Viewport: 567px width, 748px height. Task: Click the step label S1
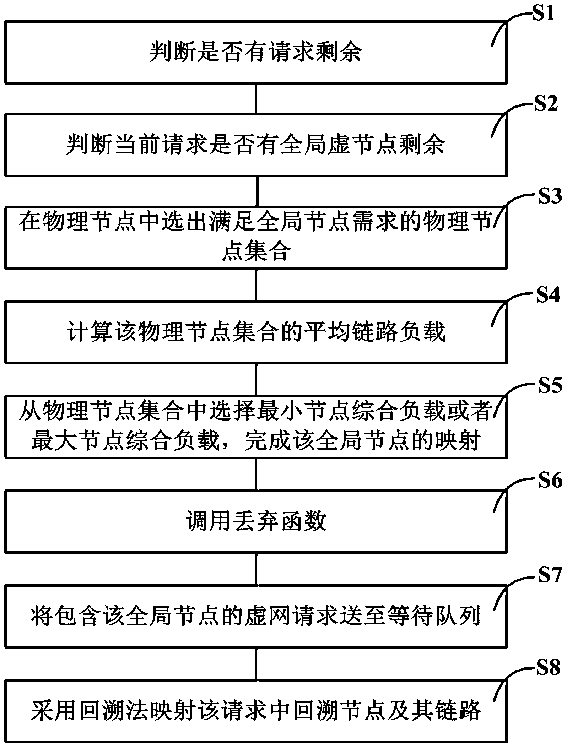tap(542, 14)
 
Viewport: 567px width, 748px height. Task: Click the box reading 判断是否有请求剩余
tap(256, 53)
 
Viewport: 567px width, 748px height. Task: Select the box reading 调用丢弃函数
tap(256, 521)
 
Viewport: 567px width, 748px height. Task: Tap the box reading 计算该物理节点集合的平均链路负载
tap(256, 332)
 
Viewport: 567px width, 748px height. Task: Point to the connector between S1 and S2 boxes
tap(256, 99)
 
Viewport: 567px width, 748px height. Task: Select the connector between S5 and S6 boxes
tap(256, 474)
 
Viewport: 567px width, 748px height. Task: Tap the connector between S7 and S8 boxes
tap(256, 663)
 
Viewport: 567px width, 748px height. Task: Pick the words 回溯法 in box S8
tap(126, 710)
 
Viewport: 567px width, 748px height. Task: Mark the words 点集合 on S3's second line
tap(256, 251)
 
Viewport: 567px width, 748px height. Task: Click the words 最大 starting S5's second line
tap(54, 440)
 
